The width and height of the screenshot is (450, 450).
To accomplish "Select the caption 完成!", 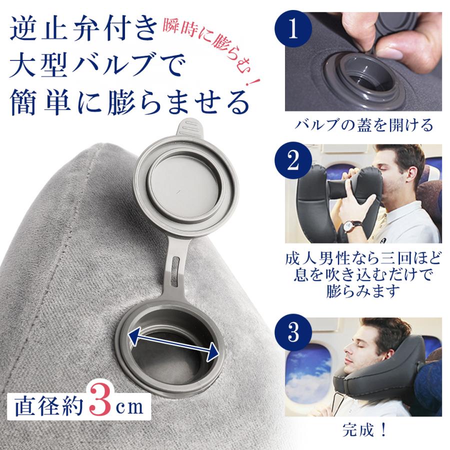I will (x=362, y=429).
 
